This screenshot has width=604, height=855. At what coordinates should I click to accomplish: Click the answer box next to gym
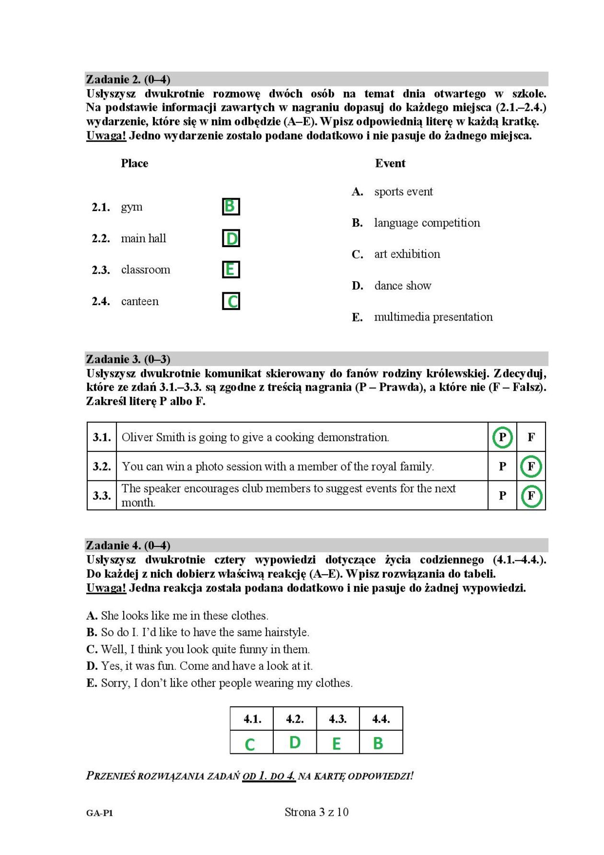click(231, 207)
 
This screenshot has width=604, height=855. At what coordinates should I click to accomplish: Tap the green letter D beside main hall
click(231, 238)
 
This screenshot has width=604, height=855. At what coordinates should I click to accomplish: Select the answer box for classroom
click(231, 270)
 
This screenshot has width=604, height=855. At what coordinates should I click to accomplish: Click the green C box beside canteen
click(231, 301)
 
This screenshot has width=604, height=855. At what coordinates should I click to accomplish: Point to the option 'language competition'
click(427, 223)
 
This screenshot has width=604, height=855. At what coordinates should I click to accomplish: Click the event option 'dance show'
click(403, 285)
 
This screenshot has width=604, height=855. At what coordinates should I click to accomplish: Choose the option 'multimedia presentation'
click(433, 317)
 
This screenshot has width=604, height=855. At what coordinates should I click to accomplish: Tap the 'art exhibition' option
click(407, 254)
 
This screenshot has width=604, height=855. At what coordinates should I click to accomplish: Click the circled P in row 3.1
click(502, 437)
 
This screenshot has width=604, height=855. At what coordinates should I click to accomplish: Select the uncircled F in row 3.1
click(531, 437)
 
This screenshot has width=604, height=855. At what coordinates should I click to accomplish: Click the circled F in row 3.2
click(531, 466)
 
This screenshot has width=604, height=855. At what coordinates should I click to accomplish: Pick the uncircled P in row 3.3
click(502, 496)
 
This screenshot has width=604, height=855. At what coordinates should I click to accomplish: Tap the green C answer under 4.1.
click(250, 744)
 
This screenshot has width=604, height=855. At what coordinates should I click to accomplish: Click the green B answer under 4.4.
click(378, 743)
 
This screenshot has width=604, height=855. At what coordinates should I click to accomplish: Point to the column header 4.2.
click(295, 719)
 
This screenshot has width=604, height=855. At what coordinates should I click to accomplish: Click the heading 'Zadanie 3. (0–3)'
click(128, 359)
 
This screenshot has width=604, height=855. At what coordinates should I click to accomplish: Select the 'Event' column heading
click(390, 163)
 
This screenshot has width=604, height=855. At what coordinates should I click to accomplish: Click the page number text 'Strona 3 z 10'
click(316, 812)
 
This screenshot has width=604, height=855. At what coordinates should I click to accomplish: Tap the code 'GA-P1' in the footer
click(100, 813)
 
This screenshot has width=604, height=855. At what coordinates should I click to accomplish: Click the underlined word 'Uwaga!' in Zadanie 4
click(106, 588)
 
